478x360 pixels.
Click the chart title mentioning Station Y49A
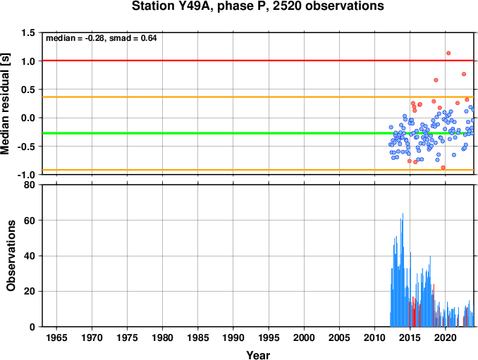(257, 6)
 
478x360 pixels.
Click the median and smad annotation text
(102, 38)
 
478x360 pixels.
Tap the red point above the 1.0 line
(448, 54)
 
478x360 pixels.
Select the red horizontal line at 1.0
(258, 61)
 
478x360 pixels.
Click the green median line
(258, 133)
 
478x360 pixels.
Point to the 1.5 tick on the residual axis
(28, 32)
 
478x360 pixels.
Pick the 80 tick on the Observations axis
(30, 185)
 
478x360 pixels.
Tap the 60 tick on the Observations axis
(30, 221)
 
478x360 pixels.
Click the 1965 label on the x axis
(56, 337)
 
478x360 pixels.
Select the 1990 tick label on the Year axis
(233, 337)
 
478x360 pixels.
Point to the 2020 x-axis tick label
(446, 337)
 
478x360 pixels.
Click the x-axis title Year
(258, 355)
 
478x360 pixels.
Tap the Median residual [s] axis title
(6, 104)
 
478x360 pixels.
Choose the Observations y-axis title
(11, 256)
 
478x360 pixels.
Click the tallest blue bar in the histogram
(403, 270)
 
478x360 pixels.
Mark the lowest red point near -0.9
(443, 168)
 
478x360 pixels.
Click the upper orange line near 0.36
(258, 97)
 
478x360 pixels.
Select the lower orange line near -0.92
(258, 170)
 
